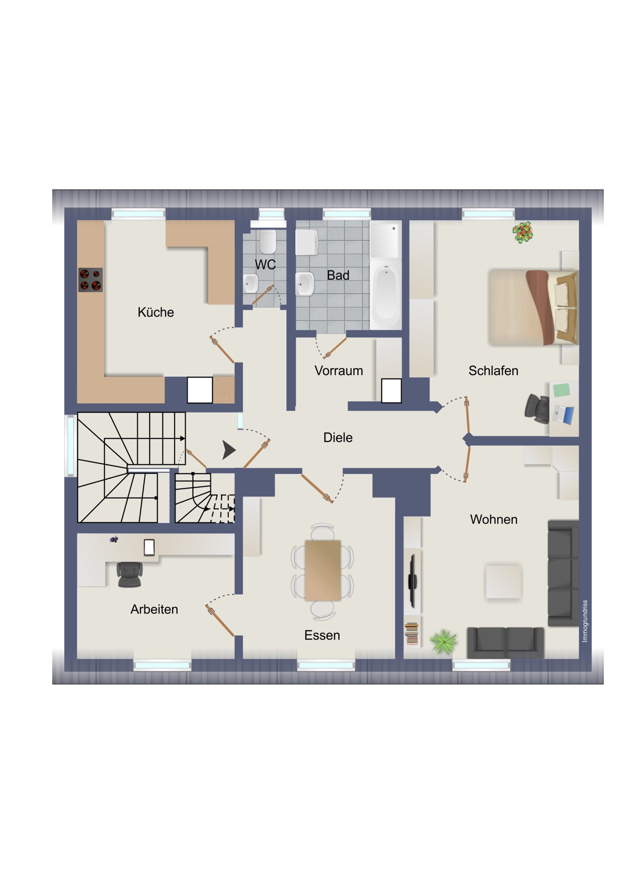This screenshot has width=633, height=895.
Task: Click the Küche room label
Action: pyautogui.click(x=156, y=312)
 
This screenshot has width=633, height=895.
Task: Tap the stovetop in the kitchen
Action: pyautogui.click(x=90, y=280)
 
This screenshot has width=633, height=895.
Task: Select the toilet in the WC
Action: pyautogui.click(x=268, y=241)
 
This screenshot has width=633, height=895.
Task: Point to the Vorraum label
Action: pyautogui.click(x=339, y=371)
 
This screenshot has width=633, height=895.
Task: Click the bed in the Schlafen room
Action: pyautogui.click(x=533, y=308)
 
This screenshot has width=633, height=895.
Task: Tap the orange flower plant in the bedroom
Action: pyautogui.click(x=522, y=232)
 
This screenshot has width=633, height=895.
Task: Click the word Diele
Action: pyautogui.click(x=338, y=437)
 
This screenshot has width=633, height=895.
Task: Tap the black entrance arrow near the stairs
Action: pyautogui.click(x=229, y=450)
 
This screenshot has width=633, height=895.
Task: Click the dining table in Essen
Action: pyautogui.click(x=323, y=570)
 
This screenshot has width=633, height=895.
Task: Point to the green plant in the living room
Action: pyautogui.click(x=444, y=641)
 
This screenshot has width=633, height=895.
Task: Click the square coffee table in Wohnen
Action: pyautogui.click(x=503, y=582)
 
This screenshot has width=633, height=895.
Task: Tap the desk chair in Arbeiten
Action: pyautogui.click(x=130, y=574)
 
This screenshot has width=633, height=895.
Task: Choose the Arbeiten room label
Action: pyautogui.click(x=154, y=609)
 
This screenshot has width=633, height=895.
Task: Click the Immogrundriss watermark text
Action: pyautogui.click(x=585, y=621)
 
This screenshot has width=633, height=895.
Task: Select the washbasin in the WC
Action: pyautogui.click(x=251, y=283)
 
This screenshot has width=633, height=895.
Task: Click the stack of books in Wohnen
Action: pyautogui.click(x=411, y=633)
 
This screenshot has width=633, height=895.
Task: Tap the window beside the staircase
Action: pyautogui.click(x=70, y=446)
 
